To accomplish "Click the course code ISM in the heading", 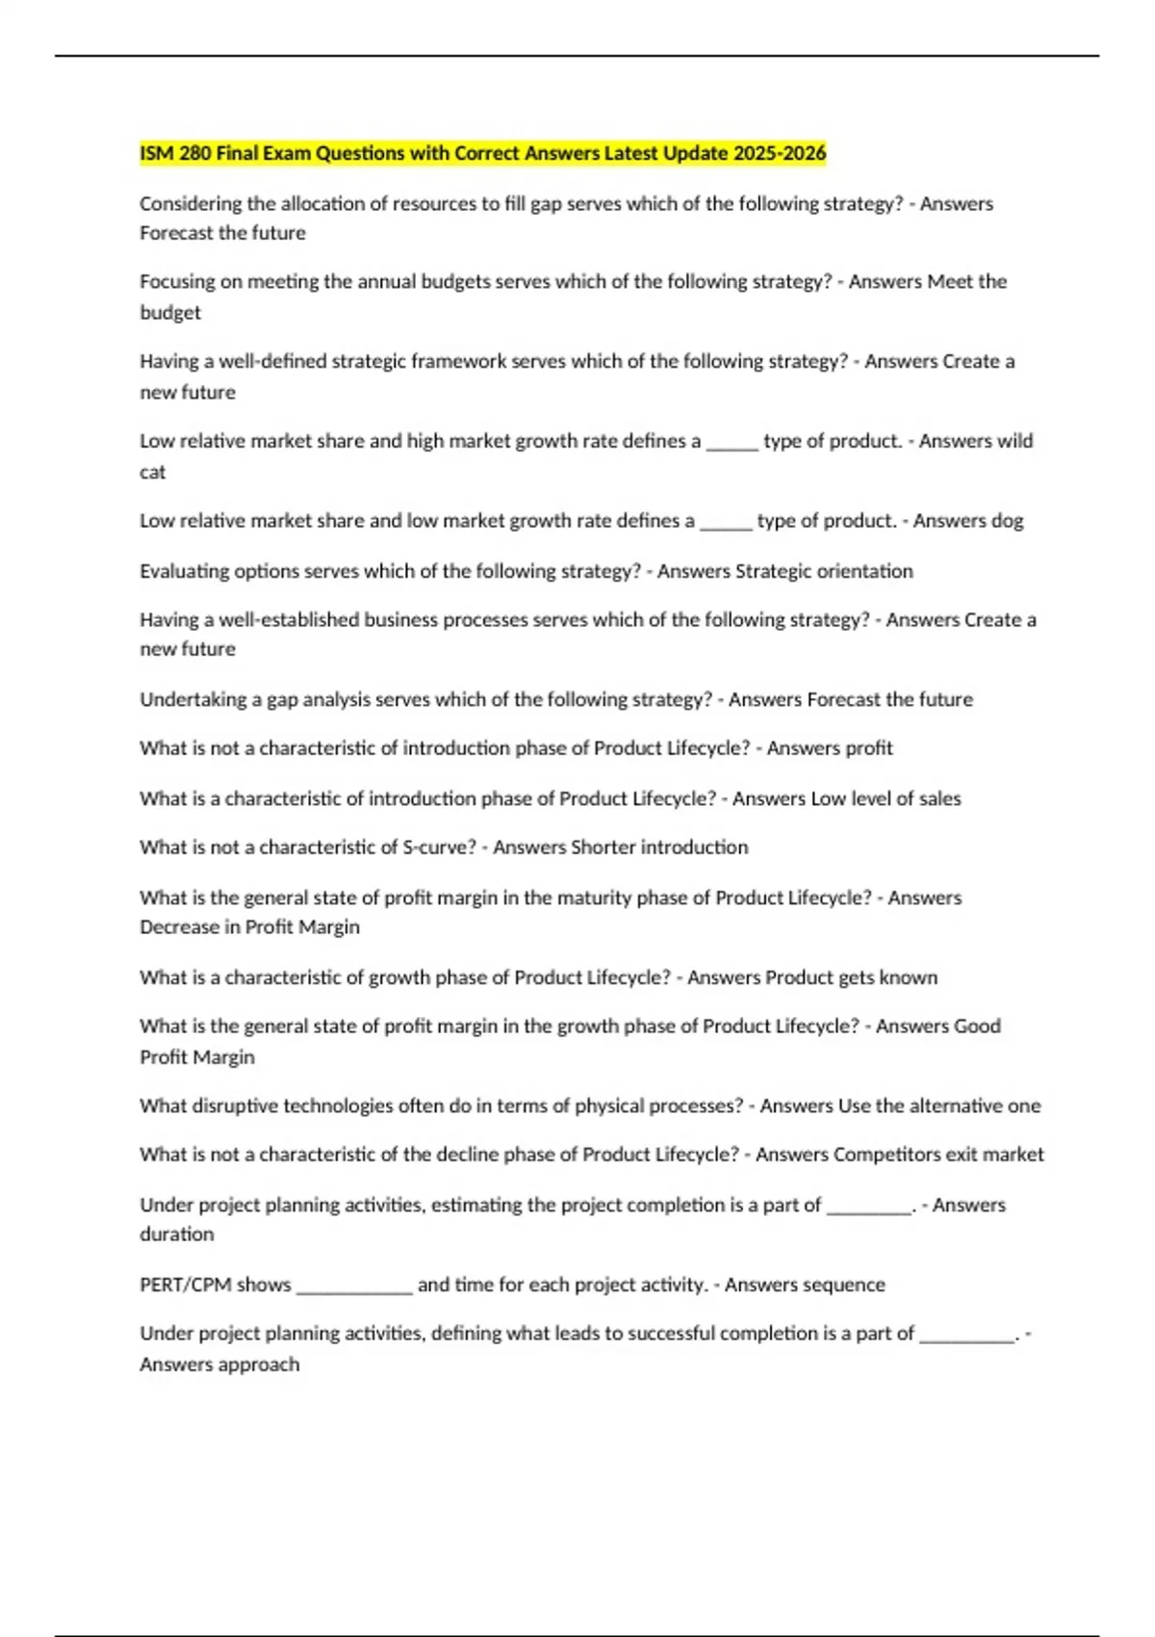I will click(156, 153).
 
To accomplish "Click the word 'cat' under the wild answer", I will click(152, 472).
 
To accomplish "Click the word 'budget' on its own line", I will click(170, 312).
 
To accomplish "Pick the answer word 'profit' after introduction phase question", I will click(869, 748).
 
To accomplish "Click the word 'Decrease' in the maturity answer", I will click(180, 927).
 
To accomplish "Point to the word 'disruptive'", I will click(233, 1105).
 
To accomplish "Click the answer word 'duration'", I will click(176, 1234).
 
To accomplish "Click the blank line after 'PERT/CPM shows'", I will click(354, 1288).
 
